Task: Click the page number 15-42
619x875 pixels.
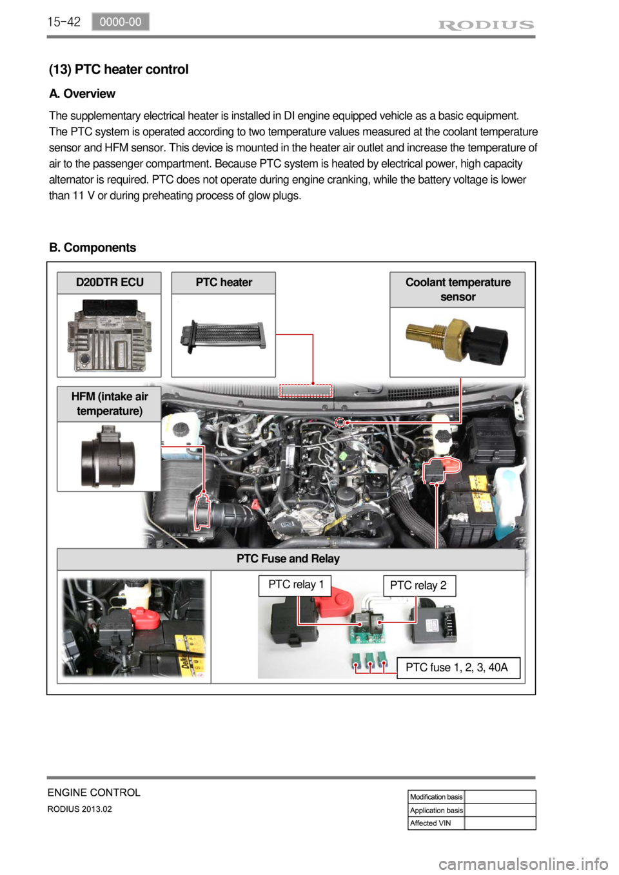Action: click(x=64, y=22)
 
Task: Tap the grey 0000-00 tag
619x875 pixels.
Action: click(x=121, y=22)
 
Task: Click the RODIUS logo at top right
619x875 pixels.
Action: click(x=486, y=25)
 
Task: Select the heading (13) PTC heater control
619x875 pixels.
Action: click(x=119, y=70)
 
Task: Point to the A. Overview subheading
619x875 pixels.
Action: click(x=83, y=94)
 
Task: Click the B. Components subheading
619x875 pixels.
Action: click(x=93, y=248)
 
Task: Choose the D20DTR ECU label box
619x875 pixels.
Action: click(x=109, y=283)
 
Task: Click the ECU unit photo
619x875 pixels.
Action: click(x=109, y=336)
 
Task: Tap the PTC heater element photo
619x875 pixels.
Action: click(x=223, y=336)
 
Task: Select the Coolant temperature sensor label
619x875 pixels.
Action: click(x=458, y=289)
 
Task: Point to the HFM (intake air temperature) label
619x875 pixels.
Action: click(x=109, y=404)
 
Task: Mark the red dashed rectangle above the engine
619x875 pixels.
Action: click(x=306, y=390)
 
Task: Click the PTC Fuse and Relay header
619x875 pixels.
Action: click(x=288, y=559)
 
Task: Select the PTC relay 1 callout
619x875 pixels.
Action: click(x=295, y=585)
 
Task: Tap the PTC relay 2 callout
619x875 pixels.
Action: click(x=418, y=586)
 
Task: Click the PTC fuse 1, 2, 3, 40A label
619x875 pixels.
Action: click(x=457, y=668)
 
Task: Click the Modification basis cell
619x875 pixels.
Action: click(x=437, y=797)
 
